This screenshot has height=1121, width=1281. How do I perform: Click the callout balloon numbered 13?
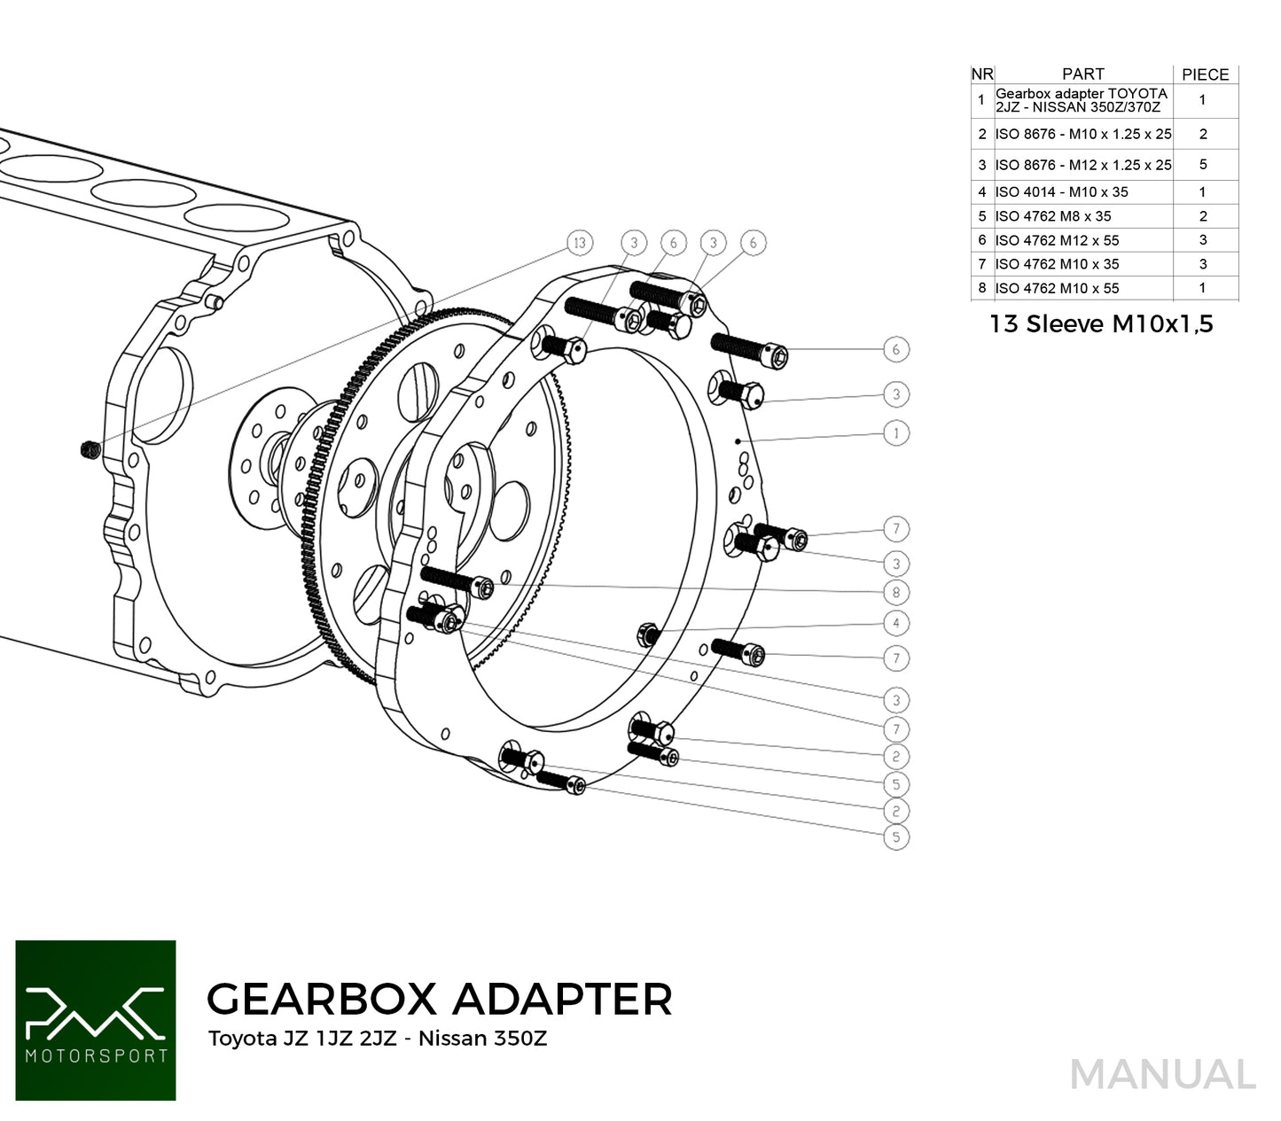(x=580, y=243)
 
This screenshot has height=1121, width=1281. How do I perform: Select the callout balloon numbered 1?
(x=896, y=433)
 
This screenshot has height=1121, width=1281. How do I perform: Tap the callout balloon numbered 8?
(x=896, y=592)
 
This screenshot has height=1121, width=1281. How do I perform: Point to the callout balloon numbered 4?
(x=896, y=624)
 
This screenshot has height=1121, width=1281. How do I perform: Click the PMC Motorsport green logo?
(x=96, y=1020)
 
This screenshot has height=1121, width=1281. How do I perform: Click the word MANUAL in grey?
(x=1162, y=1075)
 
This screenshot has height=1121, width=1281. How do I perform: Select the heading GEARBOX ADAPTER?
(x=439, y=999)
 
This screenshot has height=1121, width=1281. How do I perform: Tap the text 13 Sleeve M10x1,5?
(x=1101, y=324)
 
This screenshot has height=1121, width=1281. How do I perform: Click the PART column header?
(x=1082, y=74)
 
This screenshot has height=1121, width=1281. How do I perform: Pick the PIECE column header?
(x=1205, y=74)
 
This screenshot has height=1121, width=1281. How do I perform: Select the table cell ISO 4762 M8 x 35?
(x=1052, y=216)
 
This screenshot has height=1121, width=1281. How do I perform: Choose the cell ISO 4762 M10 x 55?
(x=1057, y=288)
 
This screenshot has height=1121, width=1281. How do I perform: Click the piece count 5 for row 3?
(x=1203, y=164)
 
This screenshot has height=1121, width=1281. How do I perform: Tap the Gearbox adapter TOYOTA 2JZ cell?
(x=1082, y=100)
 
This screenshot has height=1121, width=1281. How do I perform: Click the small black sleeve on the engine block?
(x=88, y=450)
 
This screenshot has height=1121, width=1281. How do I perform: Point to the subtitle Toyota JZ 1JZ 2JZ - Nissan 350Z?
(x=377, y=1039)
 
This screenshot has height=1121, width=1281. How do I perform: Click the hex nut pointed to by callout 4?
(x=646, y=634)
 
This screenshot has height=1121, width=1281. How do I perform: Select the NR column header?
(x=982, y=74)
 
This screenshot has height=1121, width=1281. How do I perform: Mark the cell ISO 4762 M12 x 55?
(x=1057, y=240)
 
